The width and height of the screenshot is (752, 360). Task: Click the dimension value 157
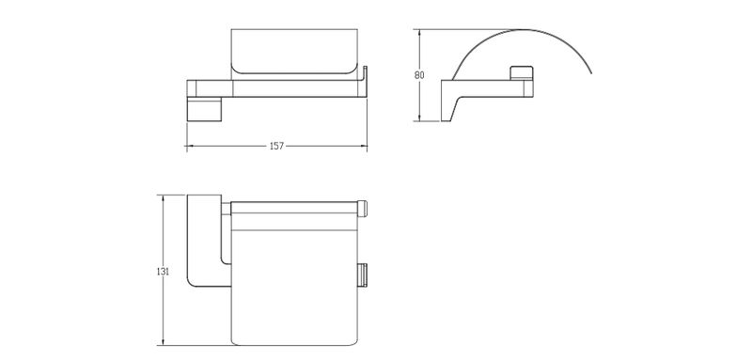tap(276, 146)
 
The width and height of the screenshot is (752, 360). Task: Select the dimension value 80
tap(419, 75)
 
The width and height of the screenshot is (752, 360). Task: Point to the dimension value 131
tap(163, 272)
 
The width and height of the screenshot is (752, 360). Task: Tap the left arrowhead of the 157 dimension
tap(190, 146)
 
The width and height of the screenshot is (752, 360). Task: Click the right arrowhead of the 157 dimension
tap(364, 146)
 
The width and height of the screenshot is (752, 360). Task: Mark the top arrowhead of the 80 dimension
tap(420, 33)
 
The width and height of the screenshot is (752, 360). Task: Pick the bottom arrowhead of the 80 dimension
tap(420, 117)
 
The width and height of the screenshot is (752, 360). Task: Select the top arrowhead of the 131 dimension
tap(163, 198)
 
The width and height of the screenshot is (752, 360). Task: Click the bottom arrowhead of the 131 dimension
tap(163, 342)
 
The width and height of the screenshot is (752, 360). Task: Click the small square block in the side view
tap(522, 73)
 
